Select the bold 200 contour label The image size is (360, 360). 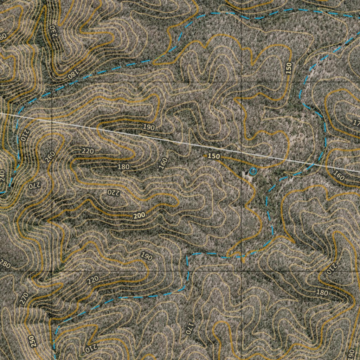pyautogui.click(x=140, y=216)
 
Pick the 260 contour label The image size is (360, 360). pyautogui.click(x=50, y=157)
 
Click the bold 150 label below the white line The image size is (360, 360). pyautogui.click(x=214, y=156)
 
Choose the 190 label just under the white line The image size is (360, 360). pyautogui.click(x=149, y=127)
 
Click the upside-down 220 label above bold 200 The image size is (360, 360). pyautogui.click(x=114, y=192)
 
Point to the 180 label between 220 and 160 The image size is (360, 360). pyautogui.click(x=124, y=167)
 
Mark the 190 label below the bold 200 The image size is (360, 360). pyautogui.click(x=147, y=256)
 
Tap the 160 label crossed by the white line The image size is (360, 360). pyautogui.click(x=339, y=175)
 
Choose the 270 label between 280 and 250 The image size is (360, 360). pyautogui.click(x=24, y=298)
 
